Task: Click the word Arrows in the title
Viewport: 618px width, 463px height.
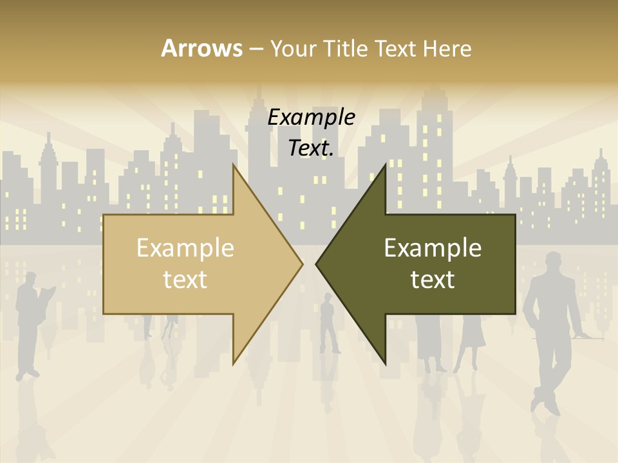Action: point(201,48)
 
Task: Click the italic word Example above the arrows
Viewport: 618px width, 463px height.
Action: point(311,117)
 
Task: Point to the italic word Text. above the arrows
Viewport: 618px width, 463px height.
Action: point(311,148)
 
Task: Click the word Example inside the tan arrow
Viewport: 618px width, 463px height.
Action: point(185,248)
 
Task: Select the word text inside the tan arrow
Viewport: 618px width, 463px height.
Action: point(185,279)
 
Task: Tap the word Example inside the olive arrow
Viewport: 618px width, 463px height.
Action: point(433,248)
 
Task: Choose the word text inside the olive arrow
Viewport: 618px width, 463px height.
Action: point(433,279)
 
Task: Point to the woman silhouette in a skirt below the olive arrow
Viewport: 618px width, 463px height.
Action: point(471,341)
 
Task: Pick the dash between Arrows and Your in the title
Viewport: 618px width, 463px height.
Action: point(256,49)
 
